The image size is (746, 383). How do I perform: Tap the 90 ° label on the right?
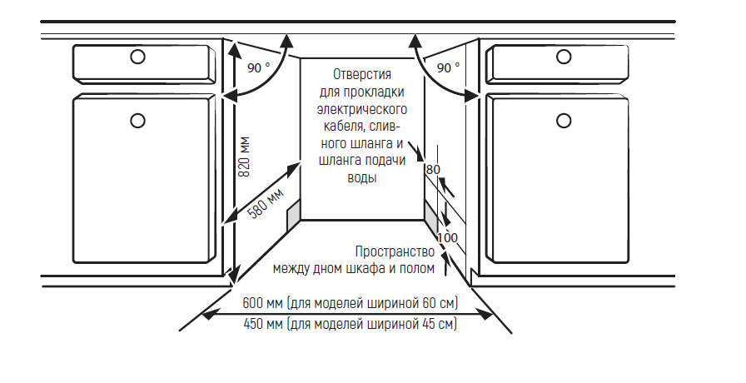click(x=449, y=67)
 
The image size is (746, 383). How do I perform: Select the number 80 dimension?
click(x=432, y=170)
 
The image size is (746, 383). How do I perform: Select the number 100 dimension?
click(x=447, y=238)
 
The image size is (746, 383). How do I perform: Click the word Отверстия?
click(x=362, y=75)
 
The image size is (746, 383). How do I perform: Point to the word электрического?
click(x=361, y=109)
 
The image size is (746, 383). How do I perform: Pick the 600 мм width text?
click(x=258, y=304)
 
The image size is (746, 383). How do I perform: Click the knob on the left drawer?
click(x=138, y=57)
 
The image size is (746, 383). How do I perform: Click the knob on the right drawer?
click(x=564, y=57)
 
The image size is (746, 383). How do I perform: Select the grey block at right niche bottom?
click(x=430, y=215)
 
